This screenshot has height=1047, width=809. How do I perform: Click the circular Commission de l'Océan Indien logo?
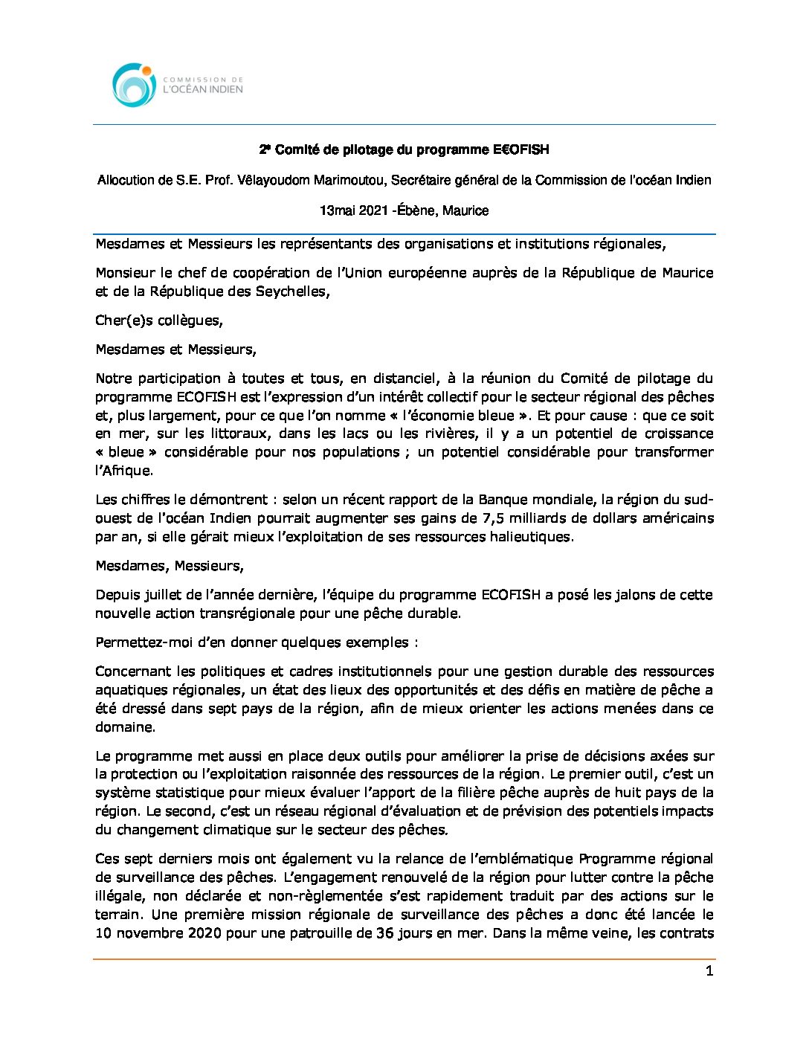click(134, 84)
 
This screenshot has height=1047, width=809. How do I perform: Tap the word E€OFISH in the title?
click(520, 149)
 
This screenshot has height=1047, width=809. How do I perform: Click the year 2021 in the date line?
click(373, 210)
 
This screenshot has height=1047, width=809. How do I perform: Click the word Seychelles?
click(291, 291)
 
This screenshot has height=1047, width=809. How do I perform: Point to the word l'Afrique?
click(123, 471)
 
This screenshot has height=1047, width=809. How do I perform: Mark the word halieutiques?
click(531, 537)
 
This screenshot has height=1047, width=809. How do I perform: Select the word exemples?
click(377, 642)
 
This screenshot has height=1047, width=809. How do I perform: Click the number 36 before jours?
click(384, 933)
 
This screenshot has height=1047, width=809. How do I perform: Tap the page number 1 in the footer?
click(709, 971)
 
